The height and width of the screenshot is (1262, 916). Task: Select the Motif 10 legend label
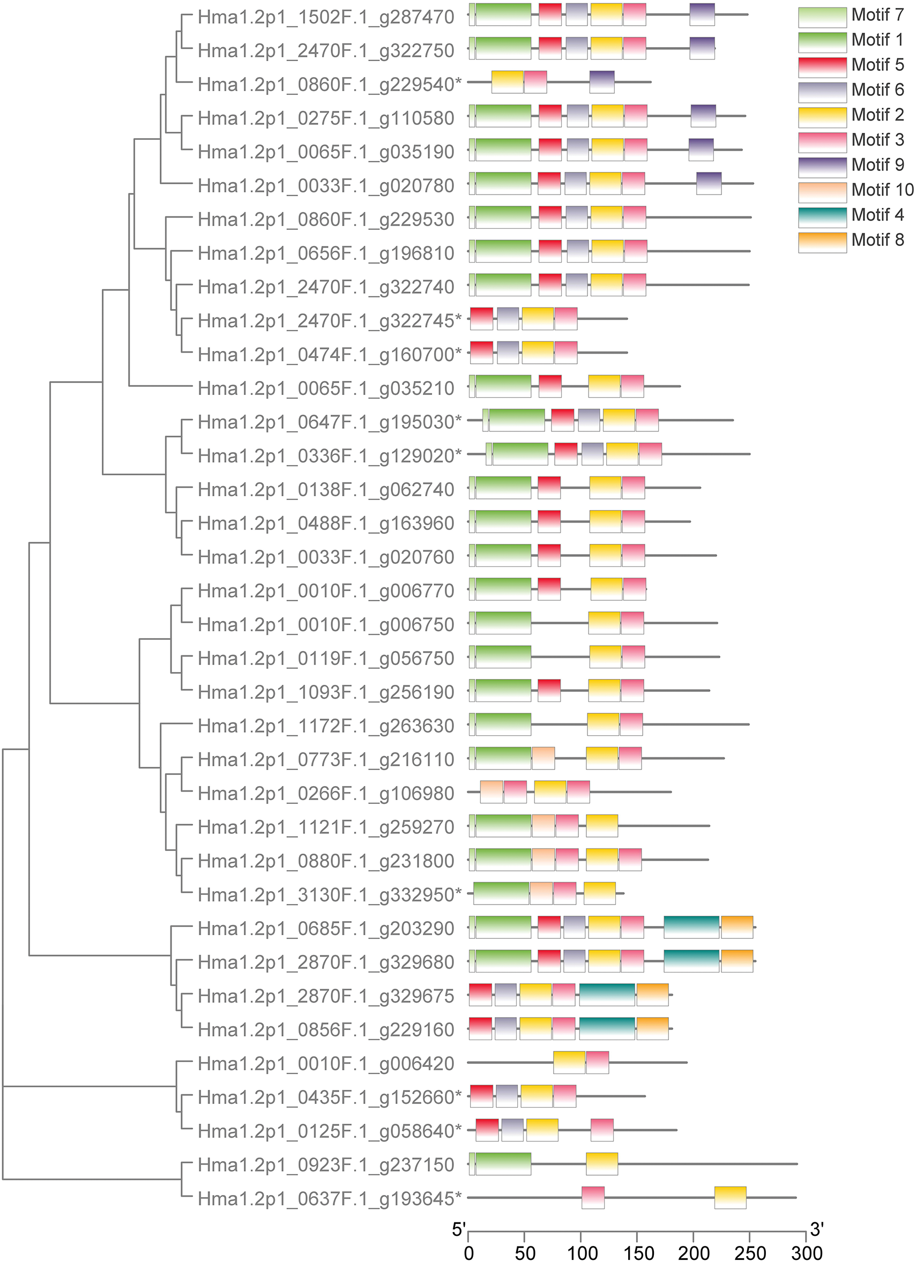(882, 190)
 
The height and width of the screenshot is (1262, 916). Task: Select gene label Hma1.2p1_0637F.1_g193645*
(330, 1198)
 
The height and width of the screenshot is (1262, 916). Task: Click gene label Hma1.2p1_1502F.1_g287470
(326, 17)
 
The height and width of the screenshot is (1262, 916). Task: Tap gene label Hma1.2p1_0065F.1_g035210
(326, 389)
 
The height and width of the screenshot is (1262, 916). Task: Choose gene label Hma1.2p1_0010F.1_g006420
(326, 1063)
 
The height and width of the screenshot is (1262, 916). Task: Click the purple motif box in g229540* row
(601, 82)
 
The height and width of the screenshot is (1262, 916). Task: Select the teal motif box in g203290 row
(691, 927)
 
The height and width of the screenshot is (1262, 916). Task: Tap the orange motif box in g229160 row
(652, 1028)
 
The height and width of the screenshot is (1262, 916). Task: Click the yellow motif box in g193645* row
(730, 1198)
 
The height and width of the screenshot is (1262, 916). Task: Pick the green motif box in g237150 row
(503, 1163)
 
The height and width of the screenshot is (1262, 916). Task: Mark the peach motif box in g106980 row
(491, 792)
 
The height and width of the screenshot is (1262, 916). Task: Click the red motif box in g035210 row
(550, 386)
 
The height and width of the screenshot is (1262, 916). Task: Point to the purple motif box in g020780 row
(709, 184)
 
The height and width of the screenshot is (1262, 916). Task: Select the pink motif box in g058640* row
(601, 1130)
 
